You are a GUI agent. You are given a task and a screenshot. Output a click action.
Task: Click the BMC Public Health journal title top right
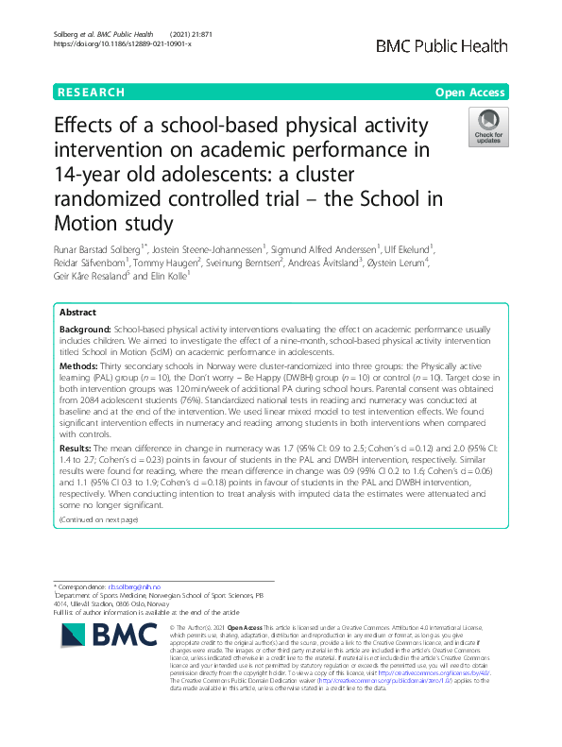[x=442, y=46]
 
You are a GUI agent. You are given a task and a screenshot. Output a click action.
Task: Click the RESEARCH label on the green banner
[x=91, y=93]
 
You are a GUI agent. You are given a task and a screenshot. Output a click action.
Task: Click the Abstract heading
[x=77, y=312]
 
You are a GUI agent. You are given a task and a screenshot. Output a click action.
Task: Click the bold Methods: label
[x=80, y=364]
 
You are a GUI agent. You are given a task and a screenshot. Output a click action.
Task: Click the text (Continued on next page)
[x=99, y=520]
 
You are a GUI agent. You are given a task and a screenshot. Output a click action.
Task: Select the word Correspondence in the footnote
[x=81, y=586]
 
